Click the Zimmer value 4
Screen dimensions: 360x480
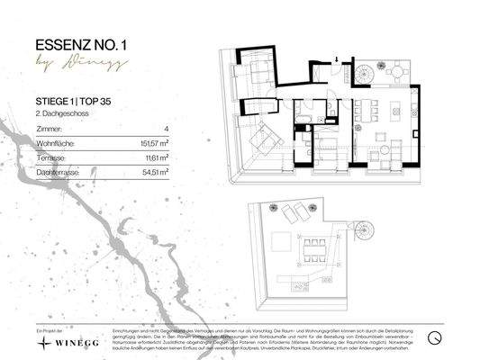pyautogui.click(x=167, y=129)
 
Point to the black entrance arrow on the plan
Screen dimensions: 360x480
pyautogui.click(x=336, y=59)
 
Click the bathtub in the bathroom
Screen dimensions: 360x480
pyautogui.click(x=303, y=119)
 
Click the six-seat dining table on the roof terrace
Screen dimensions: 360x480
pyautogui.click(x=315, y=247)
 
